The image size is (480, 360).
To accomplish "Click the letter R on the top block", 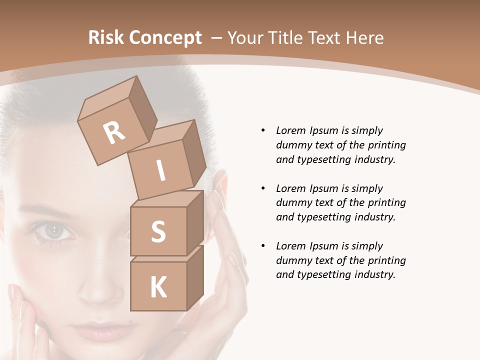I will coord(114,132).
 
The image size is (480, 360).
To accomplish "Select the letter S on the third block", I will coord(158,232).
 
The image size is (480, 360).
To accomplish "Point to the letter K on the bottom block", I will coord(158,287).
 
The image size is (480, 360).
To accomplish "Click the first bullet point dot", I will coord(263,130).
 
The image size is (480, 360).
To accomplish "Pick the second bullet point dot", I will coord(263,188).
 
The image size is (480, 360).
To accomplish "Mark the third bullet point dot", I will coord(263,246).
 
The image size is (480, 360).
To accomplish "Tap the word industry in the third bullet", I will coord(374,274).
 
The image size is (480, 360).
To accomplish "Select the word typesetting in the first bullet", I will coord(323,160).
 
